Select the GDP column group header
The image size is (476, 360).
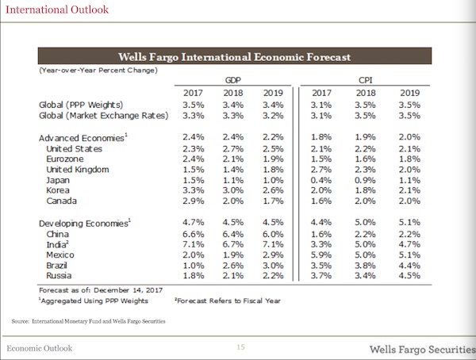point(233,80)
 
